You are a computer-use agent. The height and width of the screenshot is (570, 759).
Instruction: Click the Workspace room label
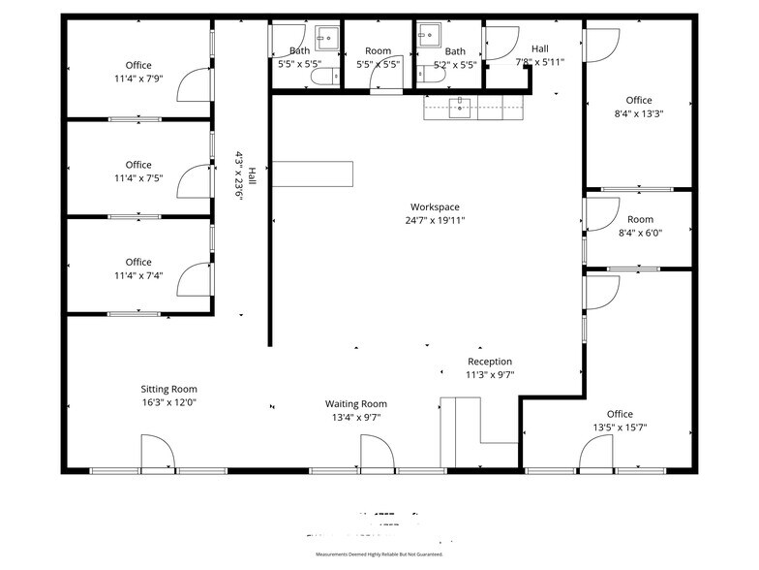tap(435, 206)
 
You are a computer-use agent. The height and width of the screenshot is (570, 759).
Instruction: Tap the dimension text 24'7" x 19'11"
tap(435, 220)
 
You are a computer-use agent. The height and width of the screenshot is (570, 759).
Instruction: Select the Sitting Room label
tap(169, 389)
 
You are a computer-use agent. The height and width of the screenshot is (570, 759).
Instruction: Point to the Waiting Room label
tap(355, 403)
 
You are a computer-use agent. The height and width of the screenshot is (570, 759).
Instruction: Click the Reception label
tap(489, 362)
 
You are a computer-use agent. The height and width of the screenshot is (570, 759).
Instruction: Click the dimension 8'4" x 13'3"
tap(638, 113)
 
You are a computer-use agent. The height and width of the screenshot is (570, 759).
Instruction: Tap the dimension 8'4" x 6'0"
tap(640, 233)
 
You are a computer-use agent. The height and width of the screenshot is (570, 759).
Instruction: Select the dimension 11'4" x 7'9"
tap(138, 79)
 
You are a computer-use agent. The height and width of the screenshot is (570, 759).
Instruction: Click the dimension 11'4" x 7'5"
tap(138, 177)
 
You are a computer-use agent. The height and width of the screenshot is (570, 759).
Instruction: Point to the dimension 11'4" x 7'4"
tap(138, 274)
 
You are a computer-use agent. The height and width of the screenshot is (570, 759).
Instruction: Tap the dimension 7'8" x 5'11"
tap(539, 61)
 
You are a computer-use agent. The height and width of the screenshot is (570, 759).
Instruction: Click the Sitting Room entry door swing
tap(157, 452)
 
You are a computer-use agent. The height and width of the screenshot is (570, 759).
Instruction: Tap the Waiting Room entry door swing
tap(377, 452)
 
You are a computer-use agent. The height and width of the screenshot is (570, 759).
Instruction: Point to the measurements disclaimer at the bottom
tap(379, 554)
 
